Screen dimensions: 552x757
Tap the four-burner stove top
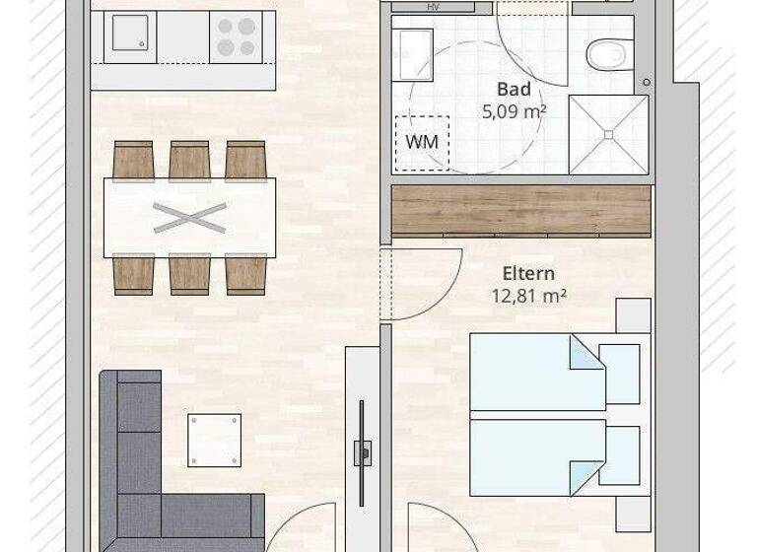point(236,37)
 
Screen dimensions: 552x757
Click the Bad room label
point(514,91)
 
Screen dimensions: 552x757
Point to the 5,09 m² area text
point(514,111)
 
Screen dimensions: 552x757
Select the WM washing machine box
point(422,141)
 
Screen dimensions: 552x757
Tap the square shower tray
point(608,134)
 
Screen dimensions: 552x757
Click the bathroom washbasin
point(413,47)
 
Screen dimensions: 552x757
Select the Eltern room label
point(528,273)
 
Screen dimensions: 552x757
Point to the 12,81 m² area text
point(528,294)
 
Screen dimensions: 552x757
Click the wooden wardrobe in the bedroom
point(521,210)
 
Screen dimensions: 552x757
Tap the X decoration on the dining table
point(189,217)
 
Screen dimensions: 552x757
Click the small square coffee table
point(214,440)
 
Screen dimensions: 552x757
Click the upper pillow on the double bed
point(619,374)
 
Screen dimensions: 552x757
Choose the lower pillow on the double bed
point(619,455)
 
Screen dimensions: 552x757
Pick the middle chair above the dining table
point(189,160)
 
